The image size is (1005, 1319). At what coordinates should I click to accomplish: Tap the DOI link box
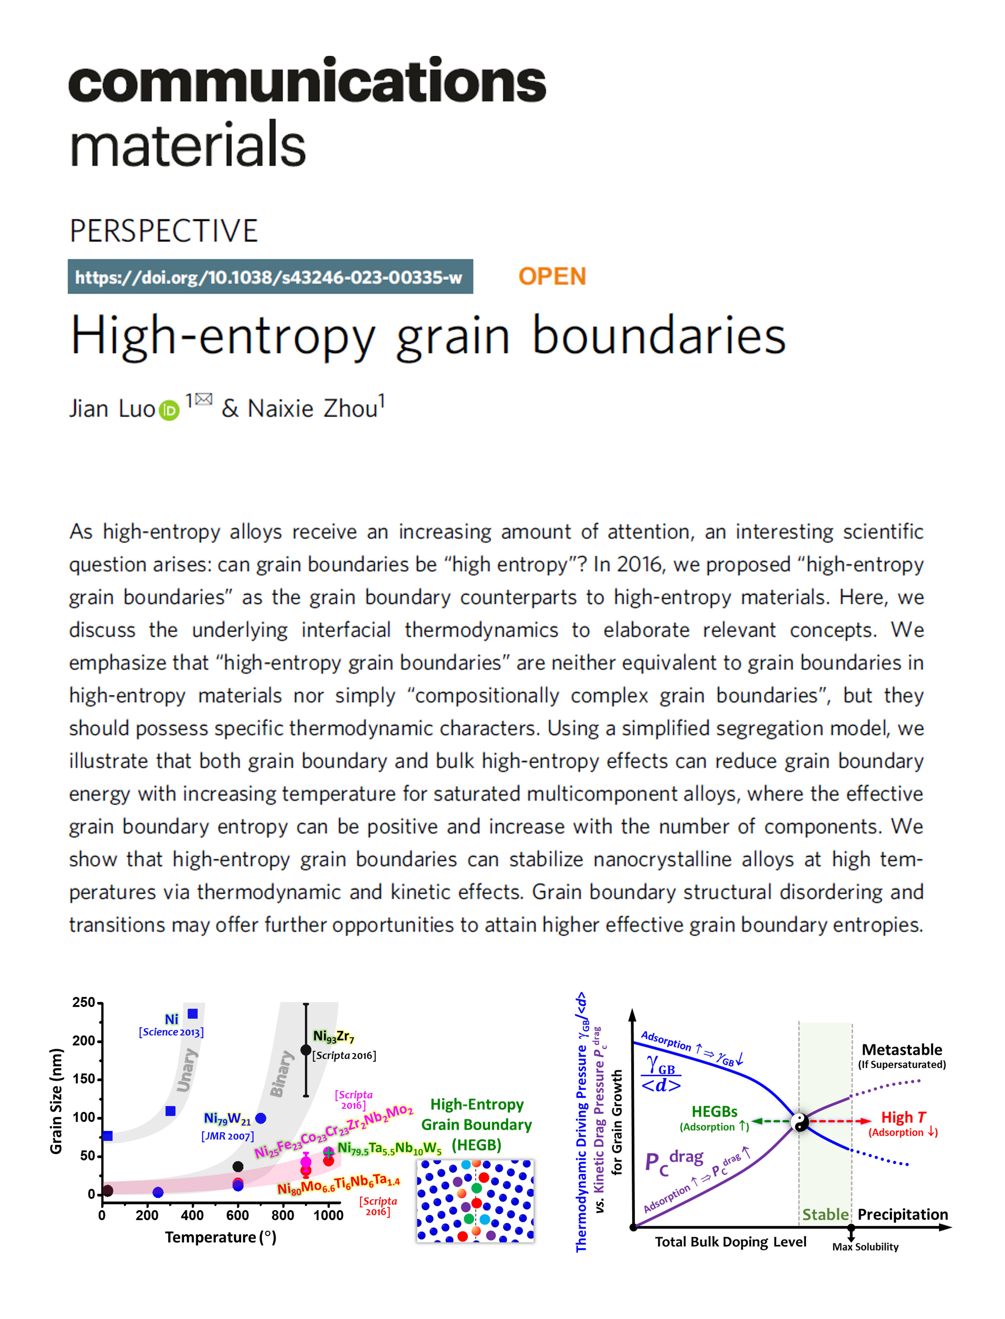tap(270, 277)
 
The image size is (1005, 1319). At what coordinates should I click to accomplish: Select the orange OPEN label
tap(552, 276)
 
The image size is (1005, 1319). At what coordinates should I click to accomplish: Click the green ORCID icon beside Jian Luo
tap(169, 410)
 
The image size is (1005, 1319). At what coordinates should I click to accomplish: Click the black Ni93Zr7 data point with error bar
tap(306, 1050)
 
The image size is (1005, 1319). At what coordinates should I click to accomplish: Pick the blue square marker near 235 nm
tap(193, 1013)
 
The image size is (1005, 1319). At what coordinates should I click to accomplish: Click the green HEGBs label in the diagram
tap(714, 1112)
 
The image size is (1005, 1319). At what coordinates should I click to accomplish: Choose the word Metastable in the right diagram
tap(902, 1050)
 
